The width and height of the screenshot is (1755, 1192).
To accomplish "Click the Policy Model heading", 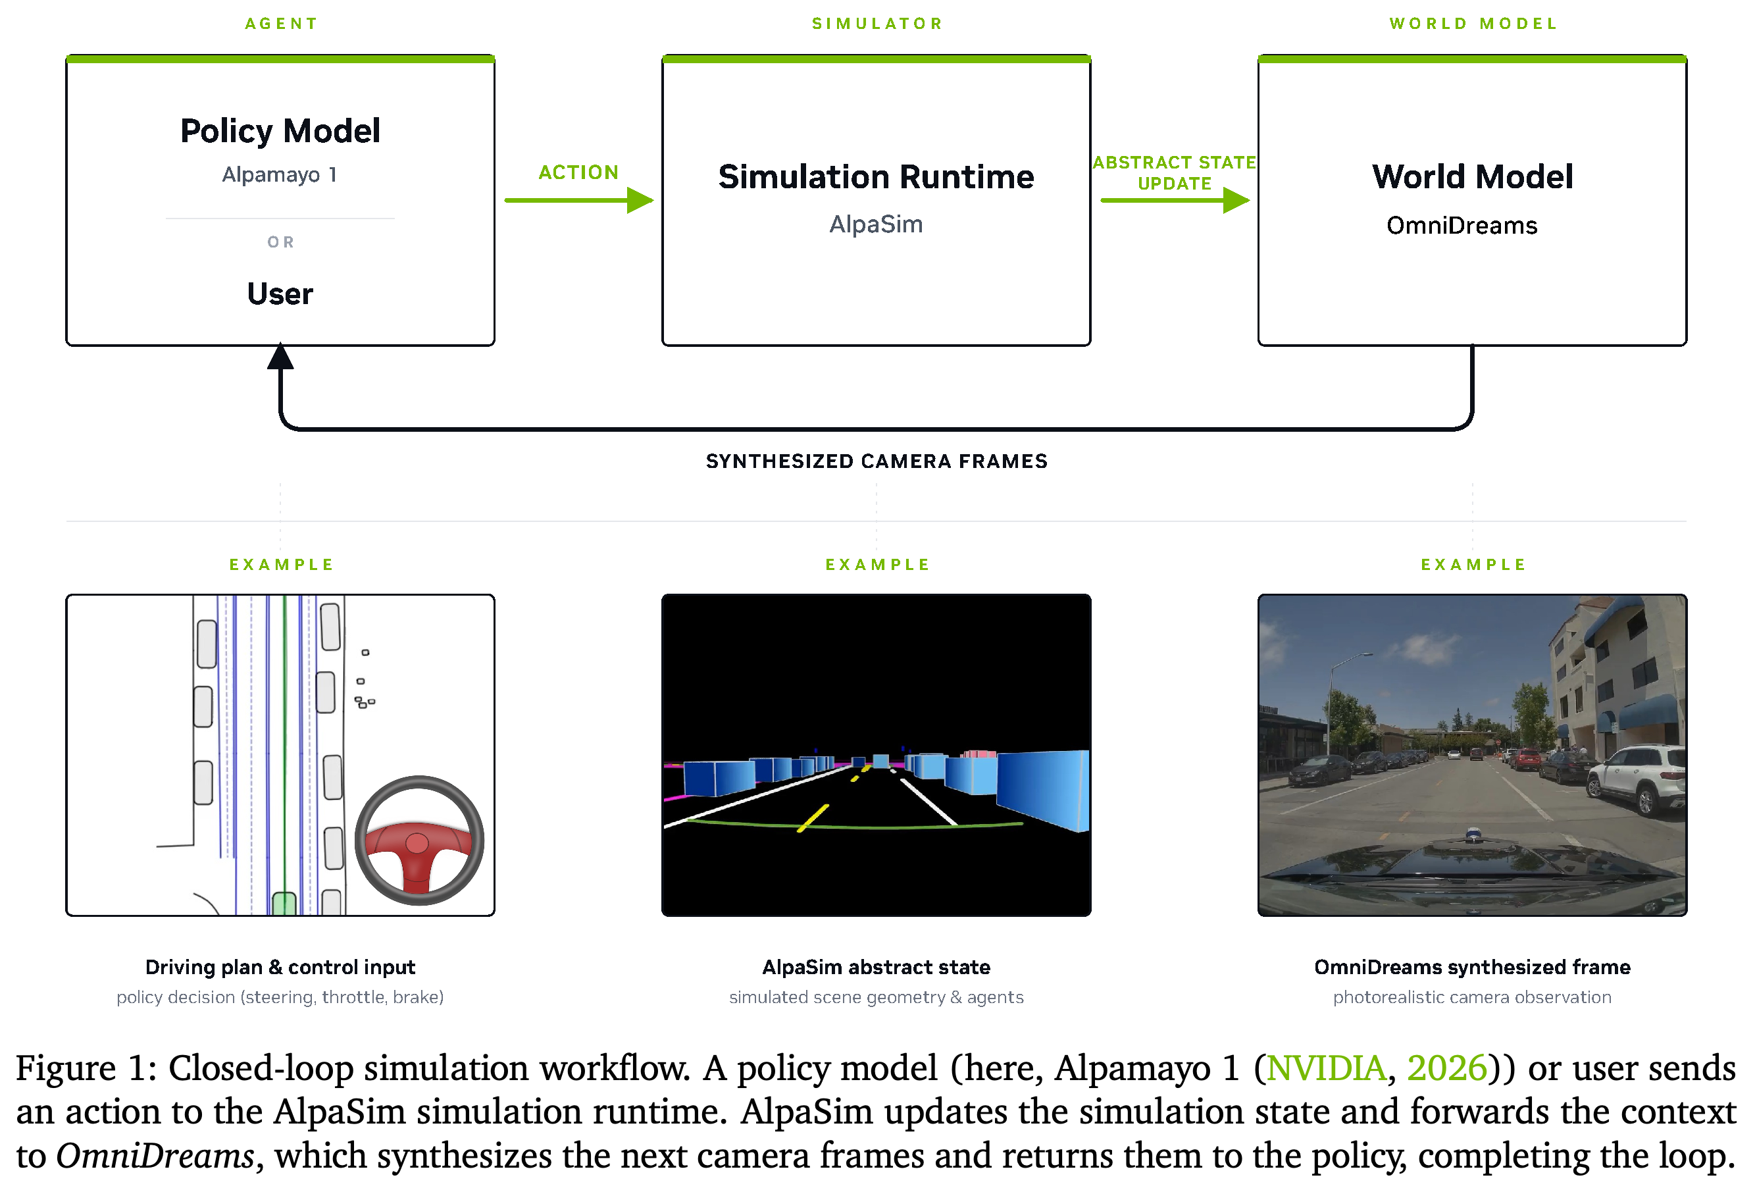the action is [x=280, y=131].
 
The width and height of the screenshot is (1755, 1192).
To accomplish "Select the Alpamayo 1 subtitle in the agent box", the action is [x=280, y=174].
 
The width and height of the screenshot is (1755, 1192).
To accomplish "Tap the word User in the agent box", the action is [x=280, y=294].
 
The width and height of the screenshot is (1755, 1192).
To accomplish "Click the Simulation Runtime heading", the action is [x=876, y=177].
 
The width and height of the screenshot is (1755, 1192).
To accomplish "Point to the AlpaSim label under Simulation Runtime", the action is [x=876, y=224].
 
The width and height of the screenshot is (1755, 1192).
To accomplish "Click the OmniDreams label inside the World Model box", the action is [x=1462, y=225].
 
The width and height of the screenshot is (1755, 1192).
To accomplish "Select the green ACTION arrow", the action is [x=578, y=200].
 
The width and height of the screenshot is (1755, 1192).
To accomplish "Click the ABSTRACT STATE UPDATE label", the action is [x=1175, y=173].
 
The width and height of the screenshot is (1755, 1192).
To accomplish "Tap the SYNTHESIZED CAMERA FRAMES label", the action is [x=877, y=461].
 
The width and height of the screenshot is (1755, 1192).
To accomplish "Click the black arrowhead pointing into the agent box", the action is [x=280, y=356].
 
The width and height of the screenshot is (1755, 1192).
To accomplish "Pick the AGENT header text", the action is [x=281, y=24].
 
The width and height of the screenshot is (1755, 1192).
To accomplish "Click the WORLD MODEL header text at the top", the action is [x=1473, y=24].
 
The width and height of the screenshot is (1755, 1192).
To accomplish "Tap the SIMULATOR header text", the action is [x=877, y=24].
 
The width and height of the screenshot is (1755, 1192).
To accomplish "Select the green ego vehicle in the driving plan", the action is [x=284, y=904].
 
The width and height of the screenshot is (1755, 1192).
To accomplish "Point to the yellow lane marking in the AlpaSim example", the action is [x=813, y=818].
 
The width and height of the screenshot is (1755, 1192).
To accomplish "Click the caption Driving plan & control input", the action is [x=280, y=968].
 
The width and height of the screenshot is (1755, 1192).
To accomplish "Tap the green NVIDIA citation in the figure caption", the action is [x=1327, y=1068].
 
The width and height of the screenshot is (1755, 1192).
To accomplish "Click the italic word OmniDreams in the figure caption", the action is [x=155, y=1156].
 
